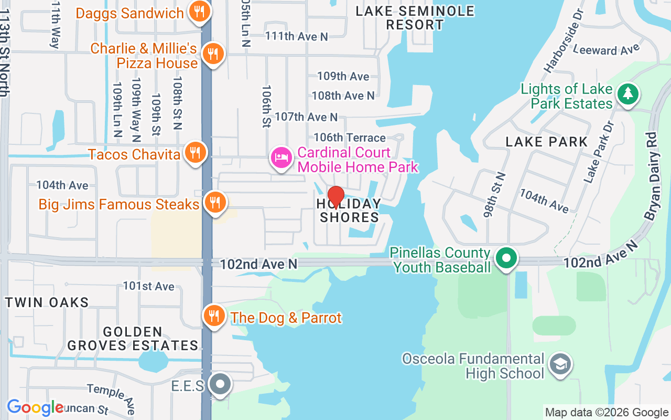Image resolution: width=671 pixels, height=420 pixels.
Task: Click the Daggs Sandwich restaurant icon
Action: pyautogui.click(x=199, y=11)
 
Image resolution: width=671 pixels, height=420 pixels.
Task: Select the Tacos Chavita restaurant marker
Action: pyautogui.click(x=195, y=153)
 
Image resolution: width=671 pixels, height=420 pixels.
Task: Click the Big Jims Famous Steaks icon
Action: pyautogui.click(x=214, y=202)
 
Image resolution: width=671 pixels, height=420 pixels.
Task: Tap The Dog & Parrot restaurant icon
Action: pyautogui.click(x=213, y=316)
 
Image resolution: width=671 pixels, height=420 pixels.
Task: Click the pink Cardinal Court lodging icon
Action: pyautogui.click(x=282, y=157)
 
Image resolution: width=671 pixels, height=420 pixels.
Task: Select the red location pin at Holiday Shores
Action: pyautogui.click(x=335, y=197)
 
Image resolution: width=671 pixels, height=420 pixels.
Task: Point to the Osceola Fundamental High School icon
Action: pyautogui.click(x=560, y=364)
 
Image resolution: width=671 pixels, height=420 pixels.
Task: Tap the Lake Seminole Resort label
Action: pyautogui.click(x=415, y=18)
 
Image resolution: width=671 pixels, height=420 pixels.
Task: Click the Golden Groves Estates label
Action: pyautogui.click(x=133, y=339)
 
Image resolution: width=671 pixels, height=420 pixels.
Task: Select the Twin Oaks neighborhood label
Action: pyautogui.click(x=47, y=302)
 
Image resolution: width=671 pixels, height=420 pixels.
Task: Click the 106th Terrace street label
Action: pyautogui.click(x=349, y=138)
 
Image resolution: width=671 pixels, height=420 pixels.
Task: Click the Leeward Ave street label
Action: pyautogui.click(x=606, y=50)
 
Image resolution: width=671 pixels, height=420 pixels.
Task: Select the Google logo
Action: pyautogui.click(x=35, y=407)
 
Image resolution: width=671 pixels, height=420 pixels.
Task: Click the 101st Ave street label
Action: pyautogui.click(x=148, y=286)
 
